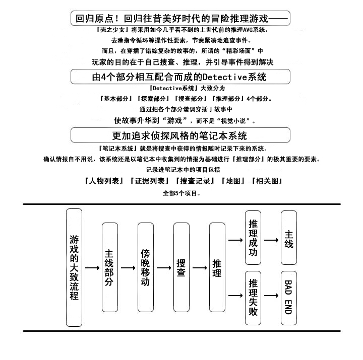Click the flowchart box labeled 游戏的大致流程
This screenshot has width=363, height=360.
coord(74,267)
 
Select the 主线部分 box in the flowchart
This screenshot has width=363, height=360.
coord(110,267)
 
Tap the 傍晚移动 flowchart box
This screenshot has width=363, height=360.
coord(146,267)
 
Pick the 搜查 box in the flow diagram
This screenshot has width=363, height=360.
coord(181,267)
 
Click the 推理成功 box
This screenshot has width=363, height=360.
coord(253,238)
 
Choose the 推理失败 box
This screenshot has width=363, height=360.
coord(253,298)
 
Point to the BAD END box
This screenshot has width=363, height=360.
coord(289,298)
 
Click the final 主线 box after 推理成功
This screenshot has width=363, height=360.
coord(289,238)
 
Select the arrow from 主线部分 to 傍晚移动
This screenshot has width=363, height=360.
coord(128,268)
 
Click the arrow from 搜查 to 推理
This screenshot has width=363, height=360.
coord(200,268)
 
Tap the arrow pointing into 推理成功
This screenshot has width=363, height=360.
coord(235,240)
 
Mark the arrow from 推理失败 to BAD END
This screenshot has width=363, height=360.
coord(271,296)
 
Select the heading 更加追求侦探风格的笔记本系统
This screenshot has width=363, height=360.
coord(179,135)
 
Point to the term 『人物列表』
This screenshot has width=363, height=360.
coord(104,181)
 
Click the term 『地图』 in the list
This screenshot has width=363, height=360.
coord(233,181)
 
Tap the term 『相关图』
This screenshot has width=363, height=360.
coord(267,181)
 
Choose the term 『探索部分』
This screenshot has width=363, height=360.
coord(153,99)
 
